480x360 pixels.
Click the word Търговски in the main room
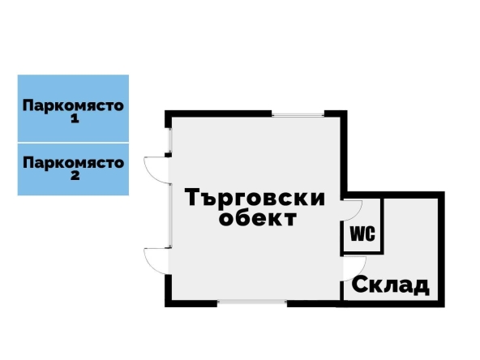point(255,198)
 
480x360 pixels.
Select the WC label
point(361,235)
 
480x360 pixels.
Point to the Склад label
point(389,285)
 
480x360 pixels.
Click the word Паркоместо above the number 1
point(73,105)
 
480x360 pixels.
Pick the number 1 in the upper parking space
point(74,118)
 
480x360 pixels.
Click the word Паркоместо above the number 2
point(73,162)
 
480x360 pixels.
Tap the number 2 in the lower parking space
point(74,175)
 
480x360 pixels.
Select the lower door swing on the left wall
point(156,259)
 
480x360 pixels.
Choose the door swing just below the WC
point(354,266)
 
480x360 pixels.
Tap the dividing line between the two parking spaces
point(73,143)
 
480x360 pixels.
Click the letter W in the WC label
point(356,235)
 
